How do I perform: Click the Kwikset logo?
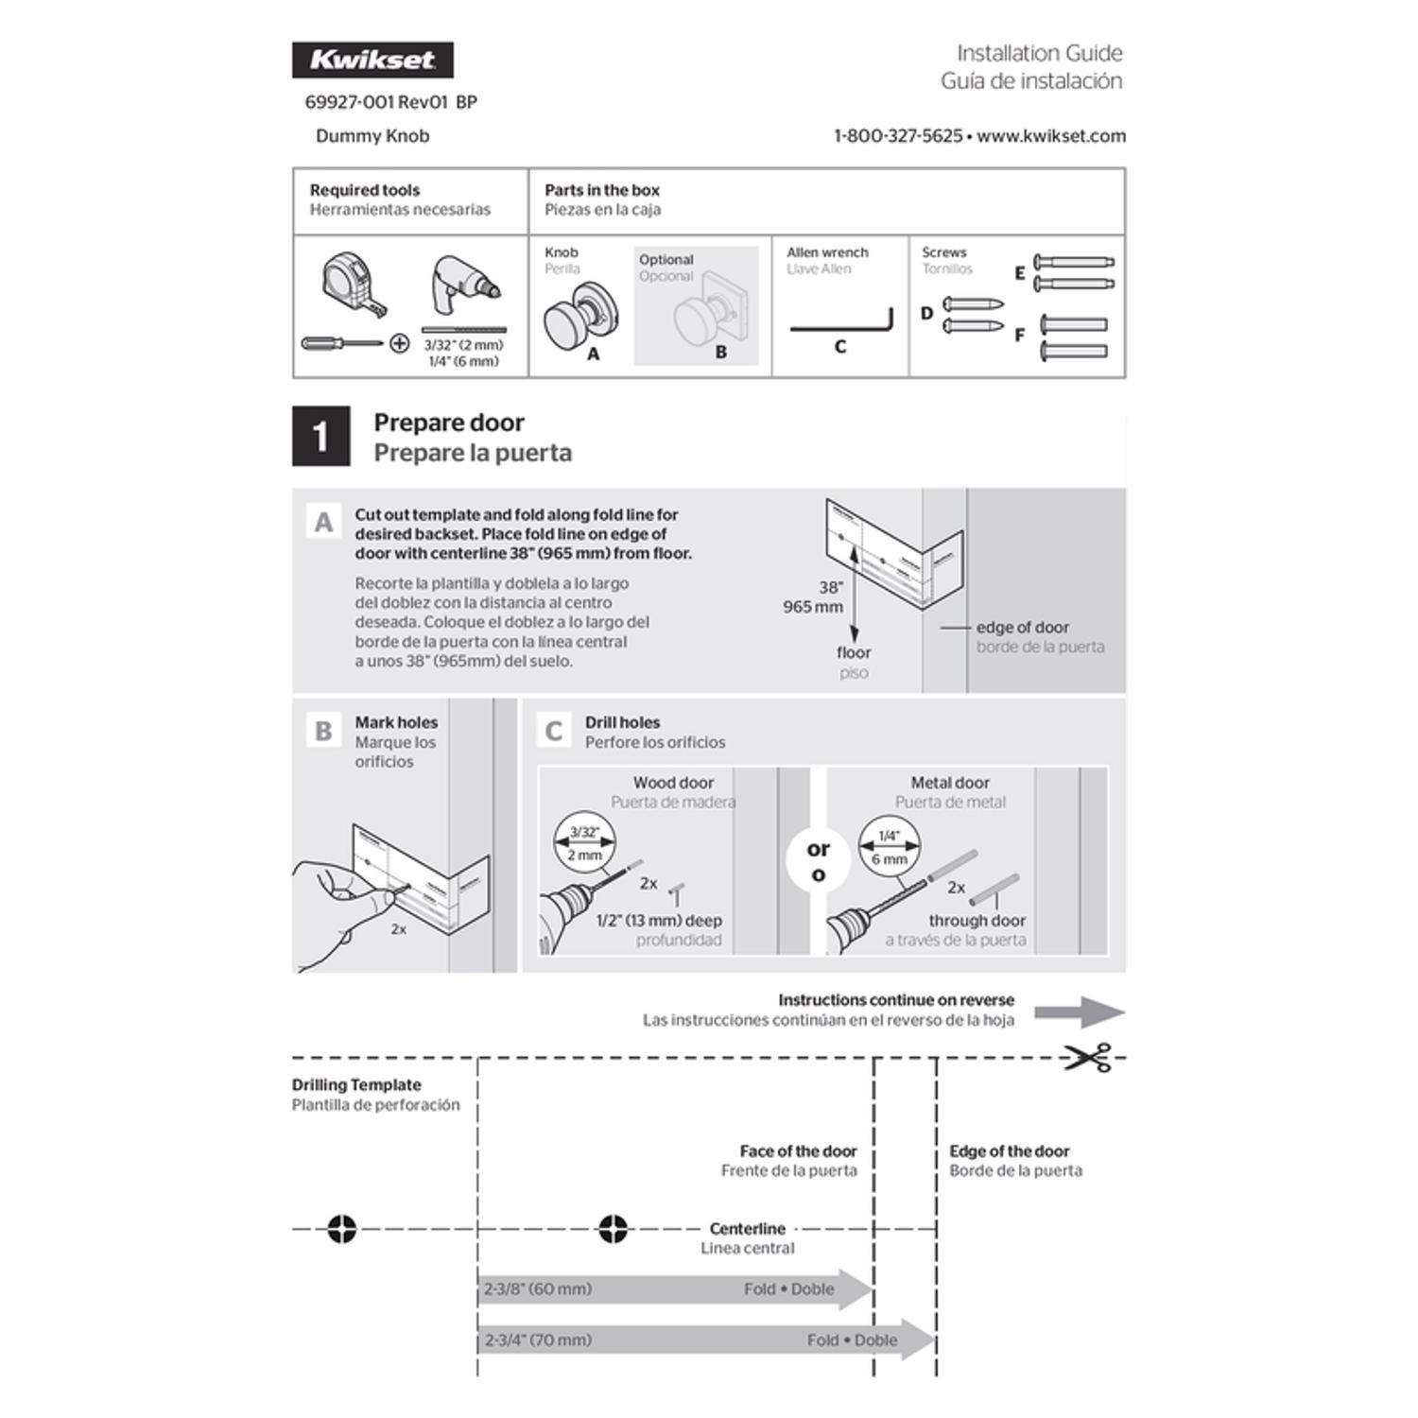coord(372,60)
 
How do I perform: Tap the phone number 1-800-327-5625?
coord(897,136)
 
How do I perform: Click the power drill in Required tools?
coord(461,287)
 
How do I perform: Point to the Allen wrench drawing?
coord(840,323)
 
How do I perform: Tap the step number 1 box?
coord(320,437)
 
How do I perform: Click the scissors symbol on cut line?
coord(1087,1058)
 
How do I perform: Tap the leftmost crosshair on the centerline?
coord(341,1229)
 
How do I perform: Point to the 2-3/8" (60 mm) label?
coord(538,1289)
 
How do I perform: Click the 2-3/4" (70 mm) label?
coord(538,1340)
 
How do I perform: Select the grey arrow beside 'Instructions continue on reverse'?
coord(1079,1012)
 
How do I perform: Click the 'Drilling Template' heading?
coord(356,1085)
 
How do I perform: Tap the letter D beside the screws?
coord(926,314)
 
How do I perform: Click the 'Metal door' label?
coord(950,783)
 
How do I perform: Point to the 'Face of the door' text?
coord(798,1151)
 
